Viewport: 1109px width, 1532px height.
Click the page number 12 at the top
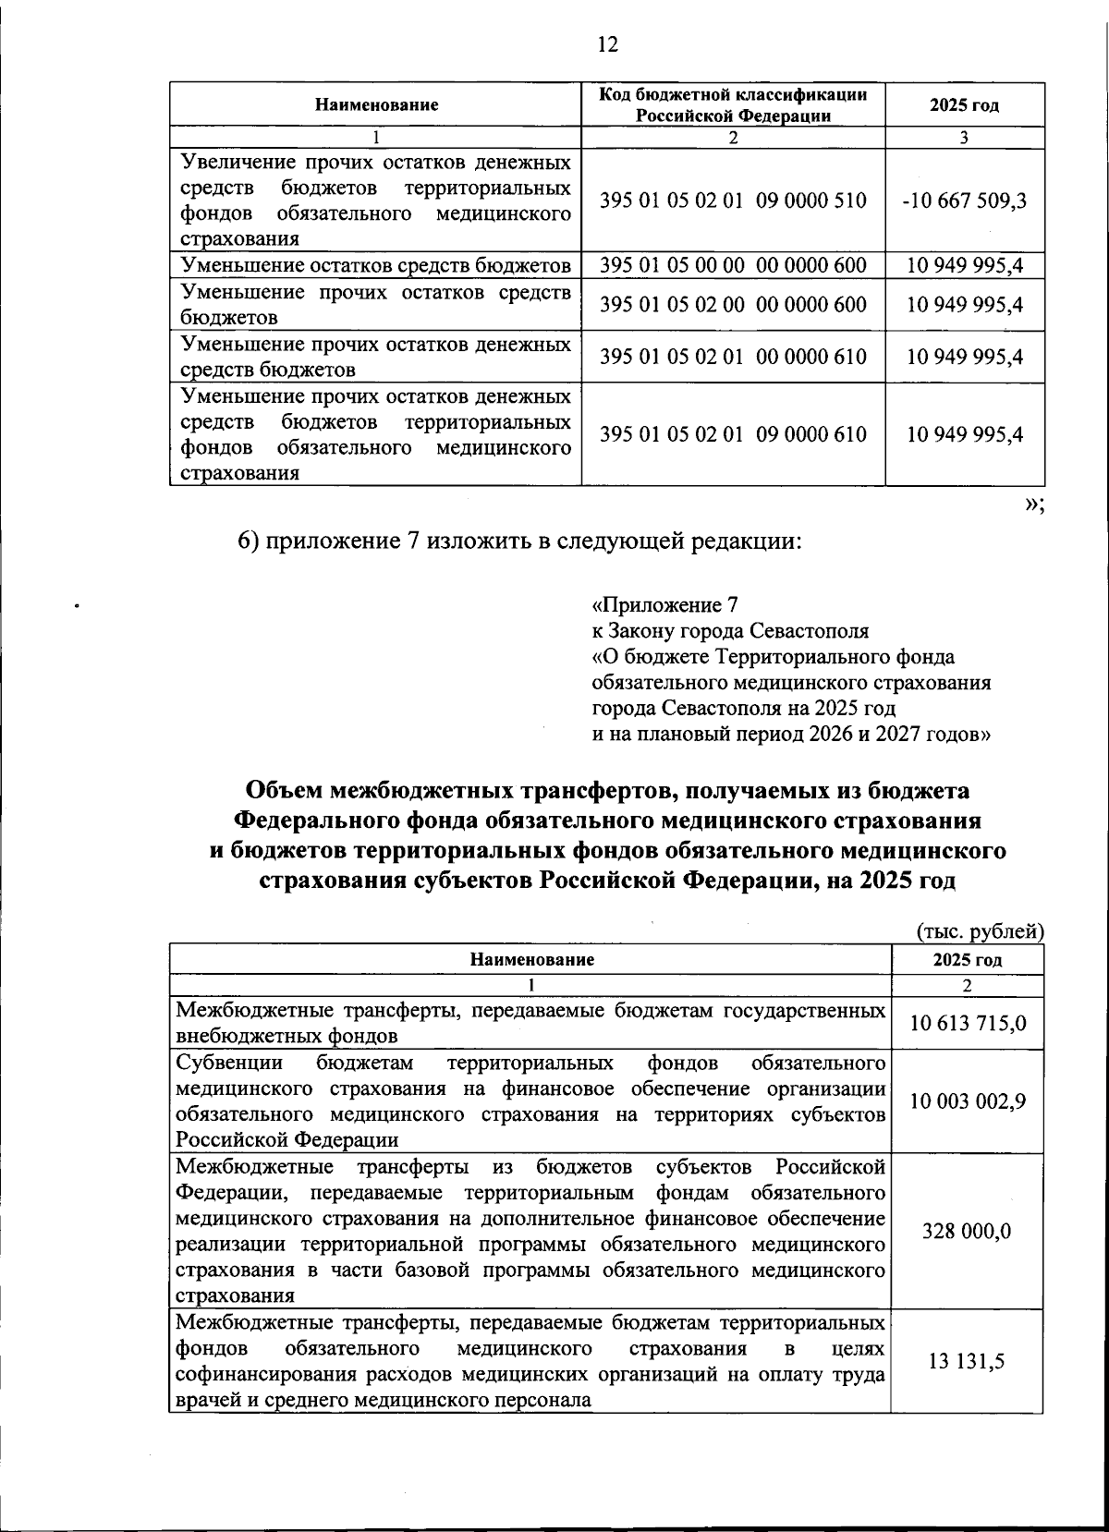(x=607, y=44)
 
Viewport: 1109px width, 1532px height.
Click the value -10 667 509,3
(x=965, y=201)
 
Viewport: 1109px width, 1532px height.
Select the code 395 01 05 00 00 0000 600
(x=733, y=266)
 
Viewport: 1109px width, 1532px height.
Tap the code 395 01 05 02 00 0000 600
(x=733, y=305)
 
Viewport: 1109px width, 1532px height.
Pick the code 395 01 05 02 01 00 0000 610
(x=733, y=358)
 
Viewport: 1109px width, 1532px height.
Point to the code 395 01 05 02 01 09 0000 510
(x=733, y=201)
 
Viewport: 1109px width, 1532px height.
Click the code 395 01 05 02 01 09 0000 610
(x=733, y=434)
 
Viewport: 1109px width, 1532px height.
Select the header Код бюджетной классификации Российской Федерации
(x=733, y=104)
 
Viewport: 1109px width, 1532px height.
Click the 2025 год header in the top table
(x=965, y=104)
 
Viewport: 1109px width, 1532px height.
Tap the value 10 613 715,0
(x=968, y=1024)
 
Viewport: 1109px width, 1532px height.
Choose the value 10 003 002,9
(x=968, y=1101)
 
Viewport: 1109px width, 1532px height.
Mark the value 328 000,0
(x=968, y=1232)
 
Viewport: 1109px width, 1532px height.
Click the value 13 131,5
(x=968, y=1361)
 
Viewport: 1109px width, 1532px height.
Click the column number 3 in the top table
(x=965, y=138)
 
